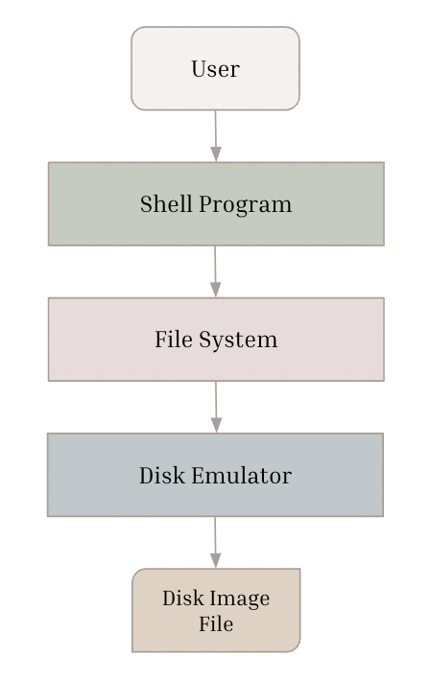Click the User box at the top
pyautogui.click(x=215, y=68)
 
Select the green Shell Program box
pyautogui.click(x=216, y=203)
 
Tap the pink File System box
pyautogui.click(x=216, y=340)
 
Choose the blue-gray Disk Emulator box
pyautogui.click(x=215, y=475)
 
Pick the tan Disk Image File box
pyautogui.click(x=216, y=610)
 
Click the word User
pyautogui.click(x=215, y=69)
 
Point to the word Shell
pyautogui.click(x=166, y=203)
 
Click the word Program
pyautogui.click(x=245, y=204)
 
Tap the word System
pyautogui.click(x=238, y=340)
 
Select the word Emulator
pyautogui.click(x=241, y=475)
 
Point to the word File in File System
pyautogui.click(x=174, y=340)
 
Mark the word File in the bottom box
pyautogui.click(x=216, y=623)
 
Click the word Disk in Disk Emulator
pyautogui.click(x=162, y=475)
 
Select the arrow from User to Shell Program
pyautogui.click(x=216, y=136)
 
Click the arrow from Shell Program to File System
pyautogui.click(x=215, y=271)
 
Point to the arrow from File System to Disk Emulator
pyautogui.click(x=216, y=407)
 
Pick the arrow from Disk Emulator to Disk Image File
pyautogui.click(x=215, y=543)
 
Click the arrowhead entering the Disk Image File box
pyautogui.click(x=216, y=561)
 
